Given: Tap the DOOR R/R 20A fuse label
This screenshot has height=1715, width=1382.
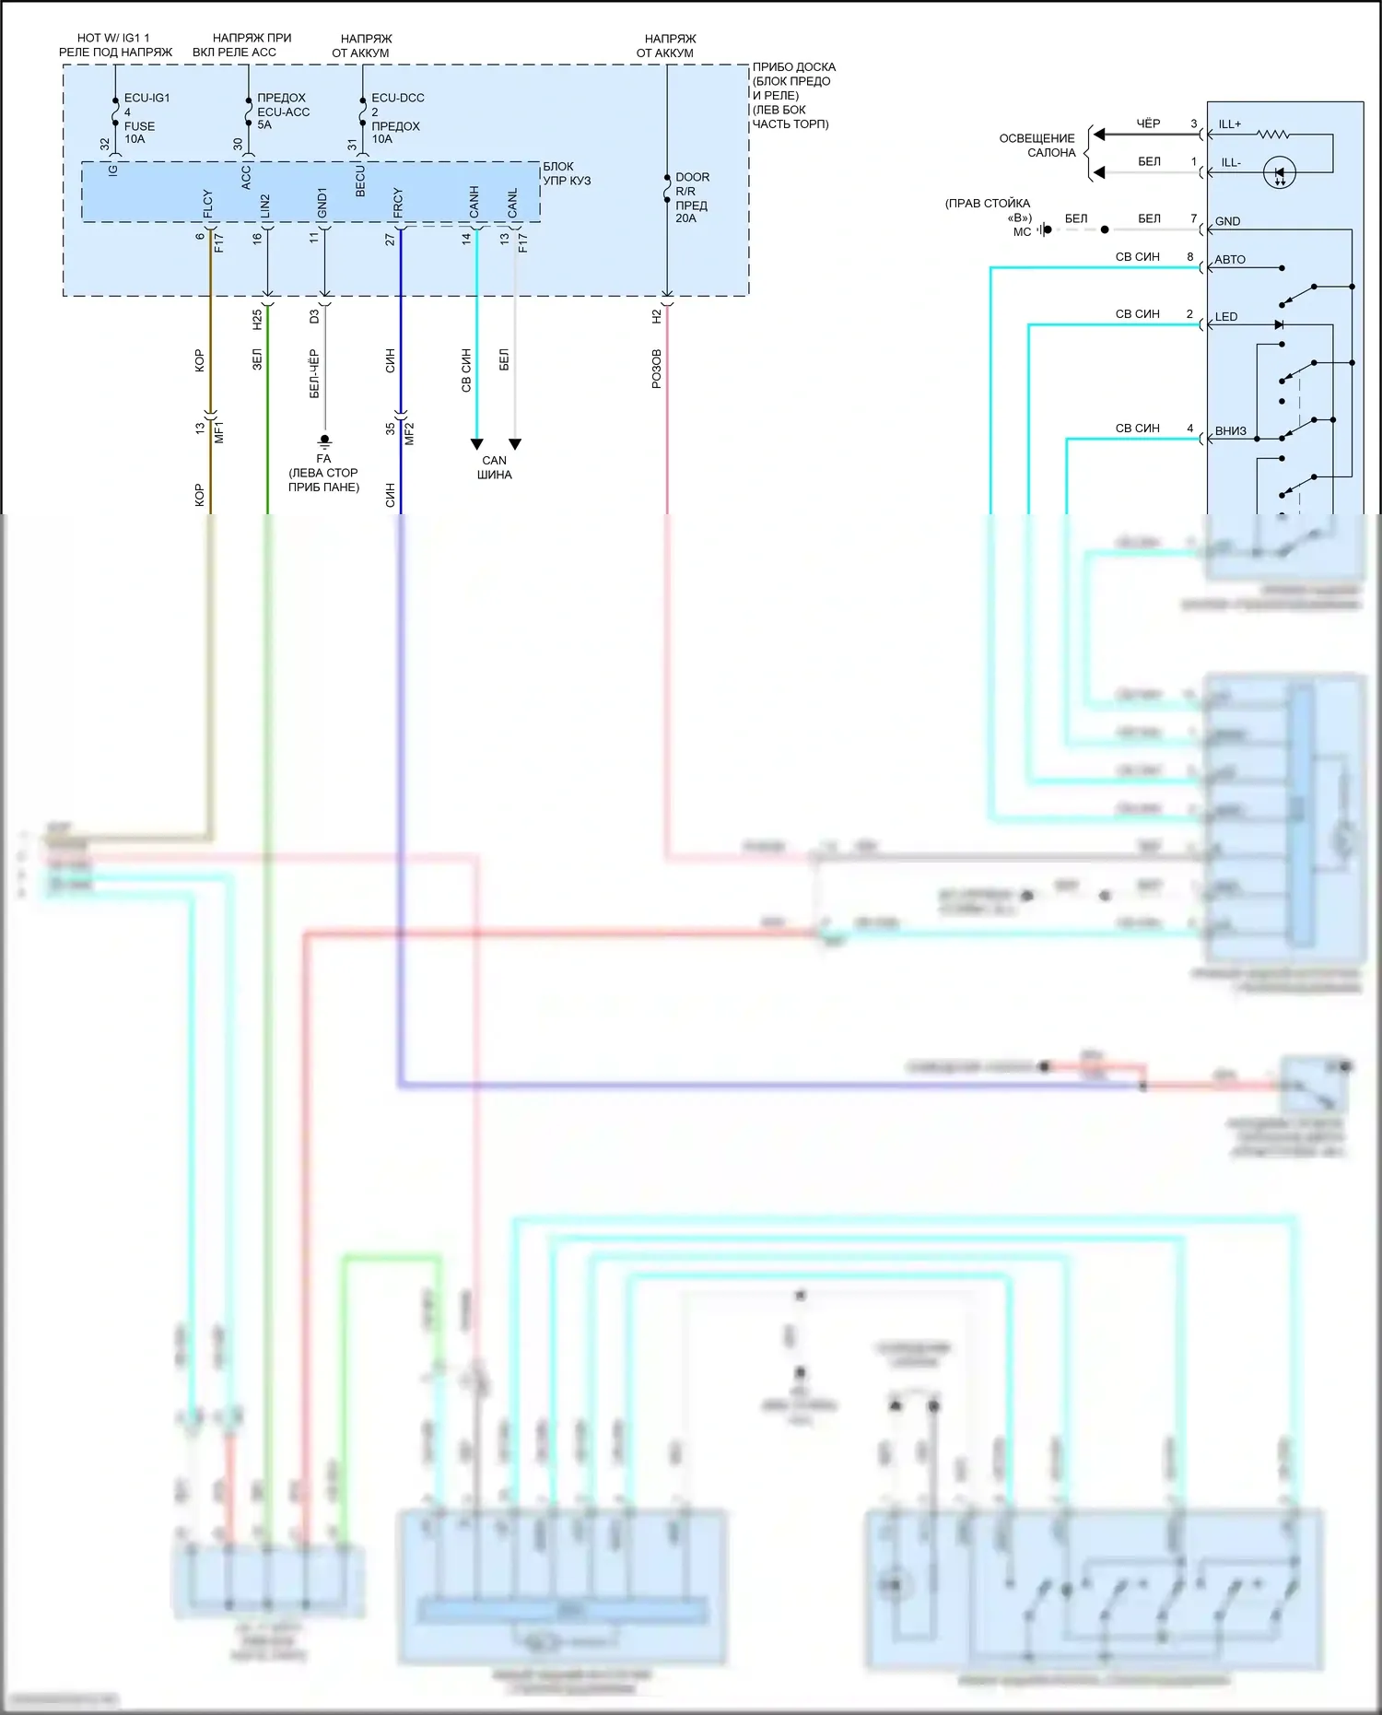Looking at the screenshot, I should click(692, 197).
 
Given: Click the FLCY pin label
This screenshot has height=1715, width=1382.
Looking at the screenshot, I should click(207, 204).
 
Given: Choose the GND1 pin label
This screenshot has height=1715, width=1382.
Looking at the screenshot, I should click(322, 203).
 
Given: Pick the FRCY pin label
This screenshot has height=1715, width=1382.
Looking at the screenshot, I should click(398, 203).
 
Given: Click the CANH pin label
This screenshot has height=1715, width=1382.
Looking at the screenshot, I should click(474, 202).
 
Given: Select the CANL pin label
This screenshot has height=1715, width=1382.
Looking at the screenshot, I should click(512, 204).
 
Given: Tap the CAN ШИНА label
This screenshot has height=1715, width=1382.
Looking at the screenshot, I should click(495, 467).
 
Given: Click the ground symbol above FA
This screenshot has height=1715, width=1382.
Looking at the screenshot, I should click(324, 441).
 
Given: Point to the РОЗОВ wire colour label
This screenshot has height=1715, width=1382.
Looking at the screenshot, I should click(657, 368).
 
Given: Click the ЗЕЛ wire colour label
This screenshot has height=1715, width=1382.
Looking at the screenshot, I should click(258, 358).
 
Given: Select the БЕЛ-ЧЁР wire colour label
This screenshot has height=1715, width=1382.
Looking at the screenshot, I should click(314, 373).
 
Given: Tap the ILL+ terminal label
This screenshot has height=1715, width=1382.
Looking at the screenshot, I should click(1229, 124).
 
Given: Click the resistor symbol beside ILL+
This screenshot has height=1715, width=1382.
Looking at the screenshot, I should click(1273, 135).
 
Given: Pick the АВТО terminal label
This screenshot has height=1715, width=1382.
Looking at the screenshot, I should click(1230, 260).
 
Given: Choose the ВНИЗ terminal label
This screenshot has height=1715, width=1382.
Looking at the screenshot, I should click(1230, 431).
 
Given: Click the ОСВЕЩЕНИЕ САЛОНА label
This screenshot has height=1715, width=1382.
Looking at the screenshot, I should click(1037, 146).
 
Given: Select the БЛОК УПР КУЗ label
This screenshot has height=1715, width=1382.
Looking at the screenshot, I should click(567, 173).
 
